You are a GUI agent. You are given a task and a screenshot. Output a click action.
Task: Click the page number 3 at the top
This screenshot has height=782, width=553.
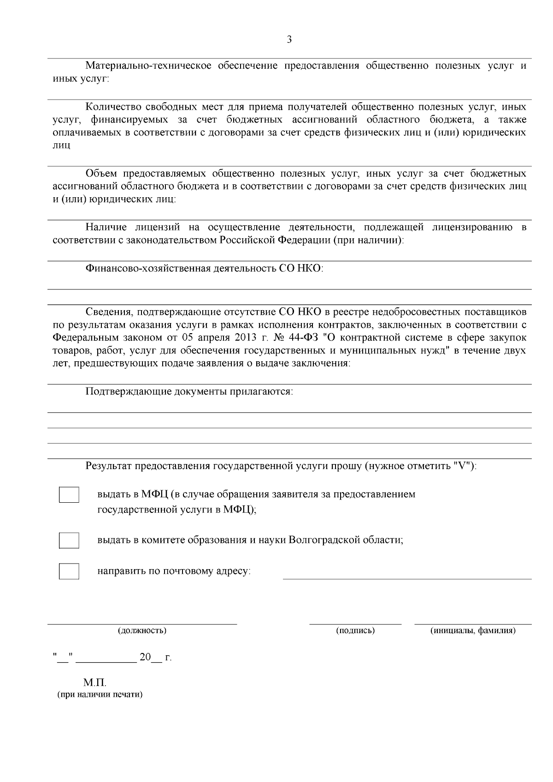click(289, 40)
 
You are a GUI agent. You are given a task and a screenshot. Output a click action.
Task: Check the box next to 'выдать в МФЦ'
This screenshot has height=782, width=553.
click(69, 495)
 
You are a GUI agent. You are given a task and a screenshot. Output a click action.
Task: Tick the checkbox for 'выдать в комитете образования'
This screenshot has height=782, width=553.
click(69, 540)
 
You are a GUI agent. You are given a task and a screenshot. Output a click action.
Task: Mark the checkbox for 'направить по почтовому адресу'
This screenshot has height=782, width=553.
click(69, 571)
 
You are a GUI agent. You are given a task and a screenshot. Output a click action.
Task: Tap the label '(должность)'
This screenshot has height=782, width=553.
click(142, 630)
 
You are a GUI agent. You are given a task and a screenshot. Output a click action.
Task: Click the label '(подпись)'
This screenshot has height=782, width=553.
click(355, 630)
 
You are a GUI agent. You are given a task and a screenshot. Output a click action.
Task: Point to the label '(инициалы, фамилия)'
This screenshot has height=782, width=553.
click(472, 630)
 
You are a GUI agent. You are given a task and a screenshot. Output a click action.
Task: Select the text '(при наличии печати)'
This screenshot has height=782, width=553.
click(100, 694)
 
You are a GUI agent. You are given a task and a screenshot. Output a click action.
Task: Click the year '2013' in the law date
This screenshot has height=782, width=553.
click(245, 338)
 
